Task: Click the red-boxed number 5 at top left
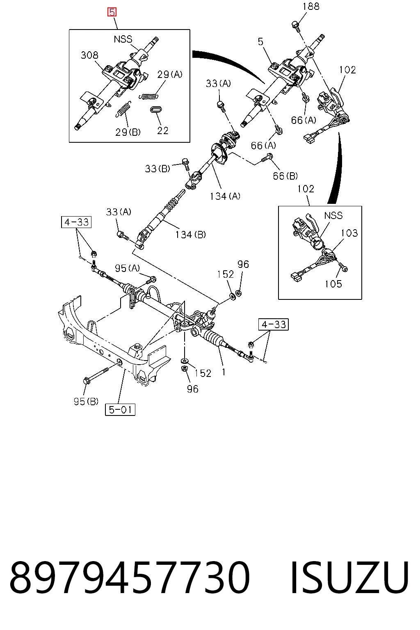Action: coord(112,12)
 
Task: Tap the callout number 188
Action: coord(311,7)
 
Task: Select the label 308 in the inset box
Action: coord(89,55)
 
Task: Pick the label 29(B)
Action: coord(128,132)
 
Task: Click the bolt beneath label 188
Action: coord(295,26)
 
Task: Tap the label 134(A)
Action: coord(225,196)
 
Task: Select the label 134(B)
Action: coord(190,234)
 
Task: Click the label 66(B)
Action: coord(285,176)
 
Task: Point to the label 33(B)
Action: coord(157,169)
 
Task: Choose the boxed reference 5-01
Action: coord(120,409)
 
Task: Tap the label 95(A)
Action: coord(127,268)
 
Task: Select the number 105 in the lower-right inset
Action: coord(333,284)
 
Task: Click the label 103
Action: coord(349,233)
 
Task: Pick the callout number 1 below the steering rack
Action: coord(224,372)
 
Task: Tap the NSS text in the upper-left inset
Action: coord(123,39)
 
